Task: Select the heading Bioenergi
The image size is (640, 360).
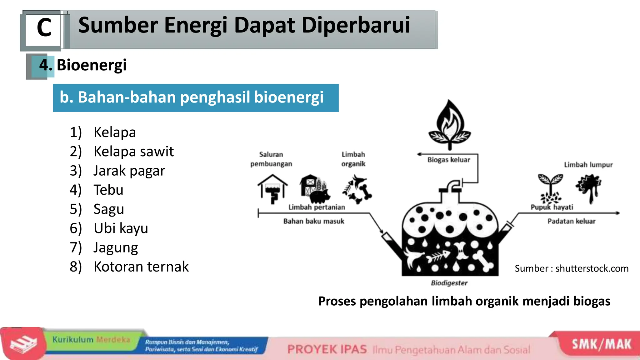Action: point(91,65)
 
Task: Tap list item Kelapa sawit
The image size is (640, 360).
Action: point(133,152)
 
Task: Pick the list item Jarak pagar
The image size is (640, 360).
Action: point(129,171)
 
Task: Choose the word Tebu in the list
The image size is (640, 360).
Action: point(108,190)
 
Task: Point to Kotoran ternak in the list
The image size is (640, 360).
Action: point(141,267)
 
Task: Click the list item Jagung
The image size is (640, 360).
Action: point(116,247)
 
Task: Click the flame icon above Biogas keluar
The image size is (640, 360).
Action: point(449,123)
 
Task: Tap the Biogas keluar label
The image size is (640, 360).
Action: point(448,160)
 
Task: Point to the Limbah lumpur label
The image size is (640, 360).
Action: point(588,165)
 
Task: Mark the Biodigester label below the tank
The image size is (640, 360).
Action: point(449,283)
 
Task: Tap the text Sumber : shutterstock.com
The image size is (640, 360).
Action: point(571,268)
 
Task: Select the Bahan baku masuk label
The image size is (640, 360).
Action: point(313,221)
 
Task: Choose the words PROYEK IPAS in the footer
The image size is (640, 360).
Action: point(327,349)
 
